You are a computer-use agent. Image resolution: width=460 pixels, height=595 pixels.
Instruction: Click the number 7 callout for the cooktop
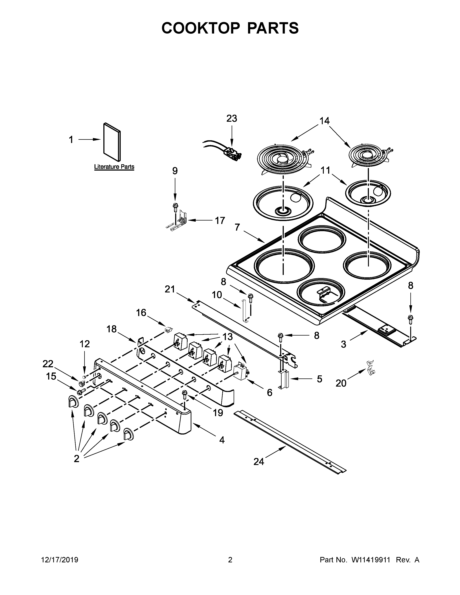coord(237,227)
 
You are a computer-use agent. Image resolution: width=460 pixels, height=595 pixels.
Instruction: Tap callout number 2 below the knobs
coord(76,459)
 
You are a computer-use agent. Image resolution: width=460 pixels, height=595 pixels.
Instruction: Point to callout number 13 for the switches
coord(227,337)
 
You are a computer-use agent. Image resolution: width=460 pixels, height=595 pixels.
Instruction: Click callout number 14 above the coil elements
coord(325,121)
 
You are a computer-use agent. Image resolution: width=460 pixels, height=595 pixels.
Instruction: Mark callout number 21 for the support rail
coord(170,289)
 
